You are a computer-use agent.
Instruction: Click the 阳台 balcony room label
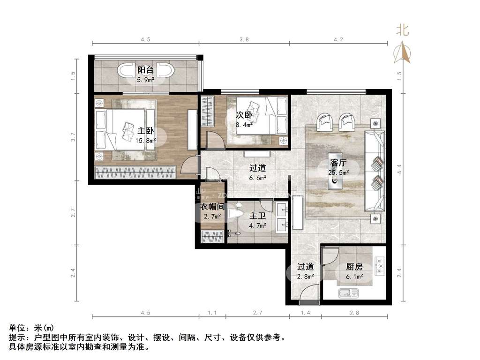pos(145,70)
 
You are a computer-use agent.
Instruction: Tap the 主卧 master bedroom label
pos(145,131)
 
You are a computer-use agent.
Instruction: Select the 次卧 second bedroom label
pos(244,115)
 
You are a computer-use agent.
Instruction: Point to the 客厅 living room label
pos(338,163)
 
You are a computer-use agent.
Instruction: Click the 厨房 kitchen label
pos(354,267)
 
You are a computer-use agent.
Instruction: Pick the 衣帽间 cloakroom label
pos(212,207)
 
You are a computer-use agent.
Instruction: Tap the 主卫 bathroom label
pos(257,216)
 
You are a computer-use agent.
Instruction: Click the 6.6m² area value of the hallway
pos(257,178)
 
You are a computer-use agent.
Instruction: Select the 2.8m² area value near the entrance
pos(305,277)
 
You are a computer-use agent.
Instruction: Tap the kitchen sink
pos(348,293)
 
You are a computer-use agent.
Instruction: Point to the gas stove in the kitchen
pos(380,266)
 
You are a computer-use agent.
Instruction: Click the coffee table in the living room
pos(335,171)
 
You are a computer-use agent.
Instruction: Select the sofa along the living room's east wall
pos(375,171)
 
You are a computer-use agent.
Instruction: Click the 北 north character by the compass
pos(402,30)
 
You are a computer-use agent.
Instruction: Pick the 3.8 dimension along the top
pos(244,39)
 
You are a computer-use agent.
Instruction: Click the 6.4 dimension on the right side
pos(399,169)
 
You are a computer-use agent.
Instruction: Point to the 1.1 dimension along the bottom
pos(212,313)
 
